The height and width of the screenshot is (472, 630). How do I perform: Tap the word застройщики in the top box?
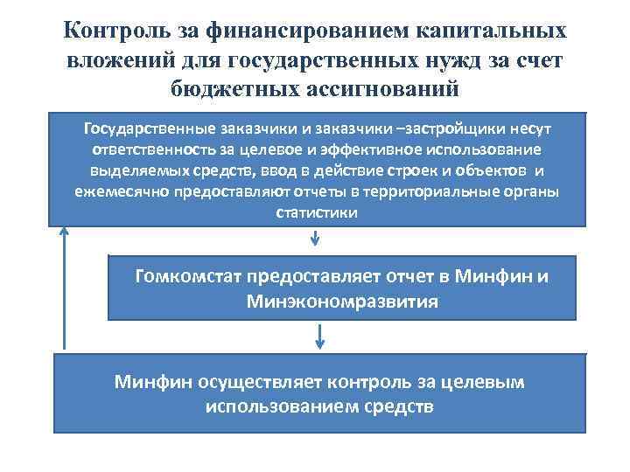(x=423, y=128)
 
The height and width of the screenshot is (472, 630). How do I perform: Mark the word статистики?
(x=316, y=212)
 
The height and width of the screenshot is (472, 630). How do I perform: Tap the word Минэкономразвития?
(x=342, y=302)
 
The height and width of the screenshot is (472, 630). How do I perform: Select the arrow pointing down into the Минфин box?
(x=320, y=336)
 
